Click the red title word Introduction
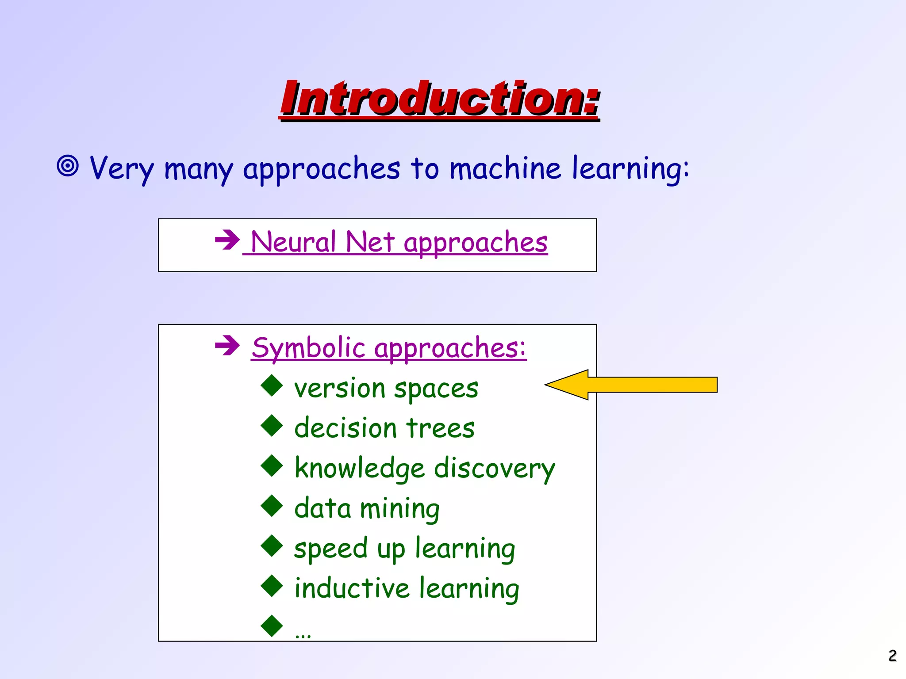[439, 99]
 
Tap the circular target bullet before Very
[68, 166]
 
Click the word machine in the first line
[505, 168]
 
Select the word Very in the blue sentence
[122, 169]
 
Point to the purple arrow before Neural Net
[227, 240]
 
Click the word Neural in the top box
[293, 242]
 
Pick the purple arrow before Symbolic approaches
[227, 345]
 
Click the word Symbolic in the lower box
[308, 348]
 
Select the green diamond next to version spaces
[272, 385]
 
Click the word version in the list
[339, 389]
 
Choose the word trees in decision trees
[440, 428]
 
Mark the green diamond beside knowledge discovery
[272, 465]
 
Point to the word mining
[399, 509]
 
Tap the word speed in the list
[330, 549]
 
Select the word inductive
[352, 588]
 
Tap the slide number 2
[892, 656]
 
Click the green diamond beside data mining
[272, 506]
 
